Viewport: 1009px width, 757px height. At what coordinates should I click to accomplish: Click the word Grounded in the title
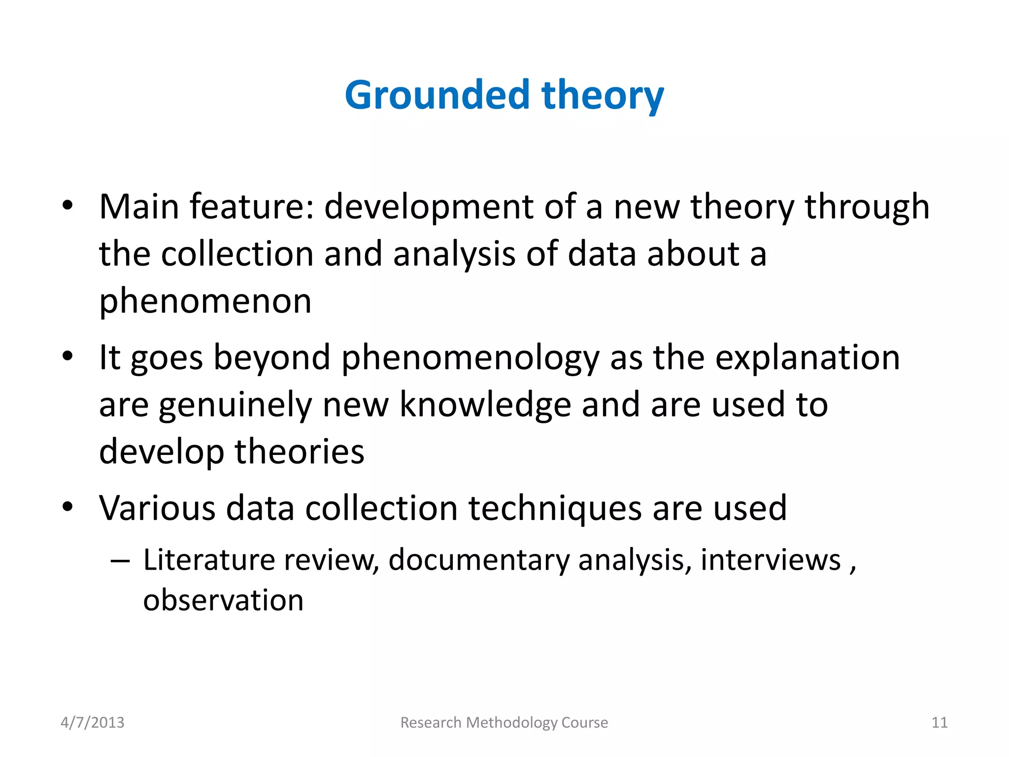point(437,95)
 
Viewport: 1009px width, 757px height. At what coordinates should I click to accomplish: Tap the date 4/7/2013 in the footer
point(93,723)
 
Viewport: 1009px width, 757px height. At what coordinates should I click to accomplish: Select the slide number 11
point(940,723)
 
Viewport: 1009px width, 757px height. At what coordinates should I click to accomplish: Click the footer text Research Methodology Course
point(504,723)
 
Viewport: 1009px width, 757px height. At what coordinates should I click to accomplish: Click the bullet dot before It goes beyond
point(67,356)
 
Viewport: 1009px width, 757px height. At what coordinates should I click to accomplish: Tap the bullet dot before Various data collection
point(67,507)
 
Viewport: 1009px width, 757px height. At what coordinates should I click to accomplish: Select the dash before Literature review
point(120,561)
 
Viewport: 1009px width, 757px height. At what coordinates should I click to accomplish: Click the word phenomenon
point(205,301)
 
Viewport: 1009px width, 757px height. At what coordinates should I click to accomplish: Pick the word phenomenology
point(470,357)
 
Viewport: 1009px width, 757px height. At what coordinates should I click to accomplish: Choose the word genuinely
point(235,405)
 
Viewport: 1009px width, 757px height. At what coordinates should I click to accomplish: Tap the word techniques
point(555,508)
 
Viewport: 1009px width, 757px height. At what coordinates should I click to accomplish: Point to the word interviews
point(771,560)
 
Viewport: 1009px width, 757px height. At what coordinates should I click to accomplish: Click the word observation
point(223,600)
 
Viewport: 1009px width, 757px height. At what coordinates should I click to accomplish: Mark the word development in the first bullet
point(429,206)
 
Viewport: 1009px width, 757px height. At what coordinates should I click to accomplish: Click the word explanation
point(807,357)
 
